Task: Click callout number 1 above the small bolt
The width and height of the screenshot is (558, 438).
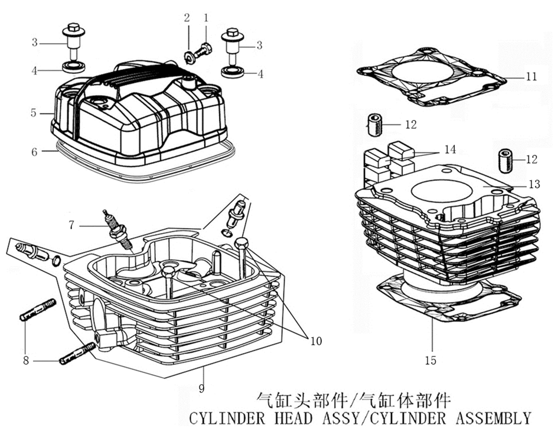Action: coord(206,18)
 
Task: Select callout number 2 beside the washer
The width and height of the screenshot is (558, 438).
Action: coord(187,18)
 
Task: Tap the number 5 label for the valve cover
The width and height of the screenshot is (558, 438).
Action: coord(34,112)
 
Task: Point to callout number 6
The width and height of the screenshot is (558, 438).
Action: coord(34,152)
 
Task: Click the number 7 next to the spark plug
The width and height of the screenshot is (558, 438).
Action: coord(71,225)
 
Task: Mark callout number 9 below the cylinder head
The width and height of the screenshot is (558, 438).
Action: coord(202,388)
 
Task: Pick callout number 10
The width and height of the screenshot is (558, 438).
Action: coord(315,340)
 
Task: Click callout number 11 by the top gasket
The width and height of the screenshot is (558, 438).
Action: coord(531,77)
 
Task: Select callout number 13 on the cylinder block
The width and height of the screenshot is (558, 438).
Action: coord(534,185)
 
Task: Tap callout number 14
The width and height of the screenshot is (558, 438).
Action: coord(450,150)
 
